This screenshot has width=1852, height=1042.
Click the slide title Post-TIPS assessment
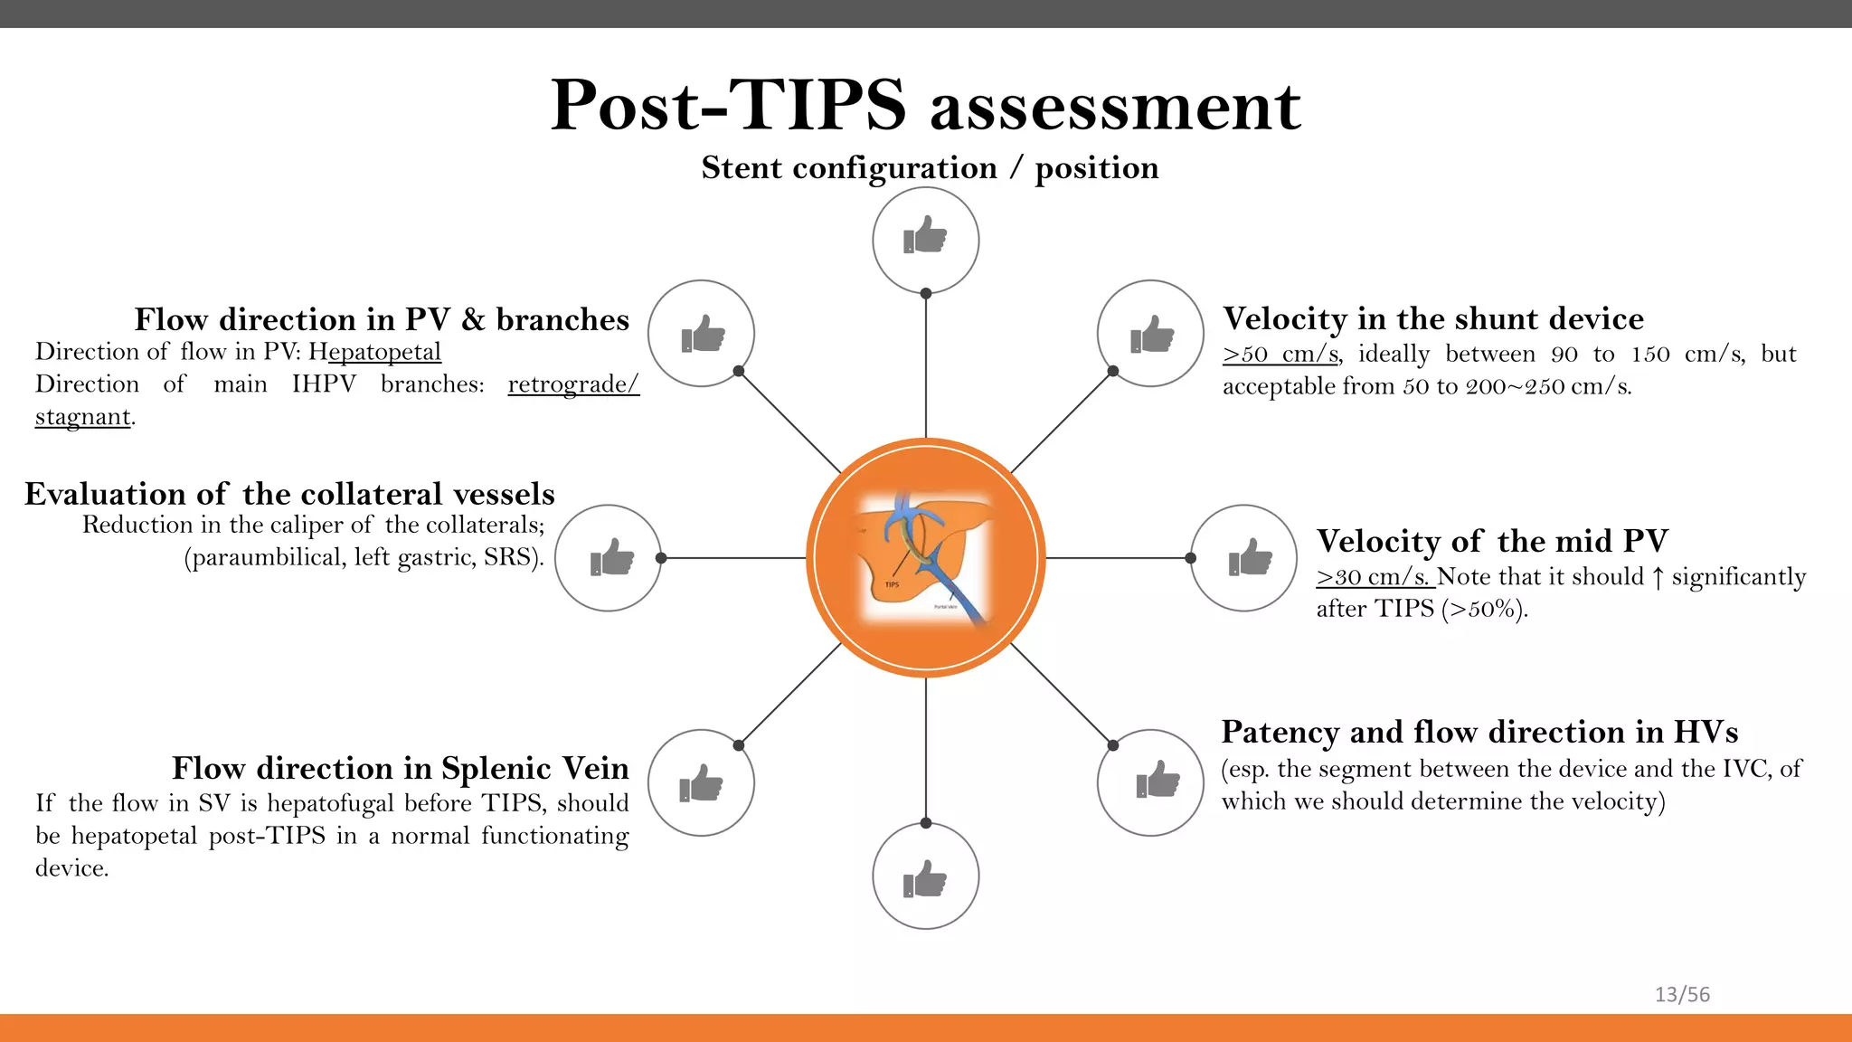pos(925,106)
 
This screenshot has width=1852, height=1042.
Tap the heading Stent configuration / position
pos(930,168)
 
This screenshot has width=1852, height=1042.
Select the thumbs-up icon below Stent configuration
pos(925,240)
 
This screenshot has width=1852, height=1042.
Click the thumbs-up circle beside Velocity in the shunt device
pos(1150,334)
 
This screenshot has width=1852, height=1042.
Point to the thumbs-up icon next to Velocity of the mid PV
pos(1244,558)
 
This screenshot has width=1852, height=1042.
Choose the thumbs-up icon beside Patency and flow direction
pos(1150,782)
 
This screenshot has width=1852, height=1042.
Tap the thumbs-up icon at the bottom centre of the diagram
pos(925,876)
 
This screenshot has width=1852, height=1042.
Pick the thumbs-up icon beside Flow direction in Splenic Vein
pos(701,782)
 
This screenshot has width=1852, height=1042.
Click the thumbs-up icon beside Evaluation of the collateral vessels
pos(608,558)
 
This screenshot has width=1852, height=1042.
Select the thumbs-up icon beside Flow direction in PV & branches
pos(701,334)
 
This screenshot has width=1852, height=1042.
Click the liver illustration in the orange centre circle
pos(925,558)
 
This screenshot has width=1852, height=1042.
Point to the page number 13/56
pos(1682,995)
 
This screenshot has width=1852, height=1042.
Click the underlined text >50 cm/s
pos(1280,355)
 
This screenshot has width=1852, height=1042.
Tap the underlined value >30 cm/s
pos(1373,577)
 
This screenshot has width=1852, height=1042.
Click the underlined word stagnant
pos(83,417)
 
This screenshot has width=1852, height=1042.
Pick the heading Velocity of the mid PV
pos(1492,541)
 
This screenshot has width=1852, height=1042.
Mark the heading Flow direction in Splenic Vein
pos(400,768)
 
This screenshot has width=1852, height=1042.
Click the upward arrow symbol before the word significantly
pos(1658,577)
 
